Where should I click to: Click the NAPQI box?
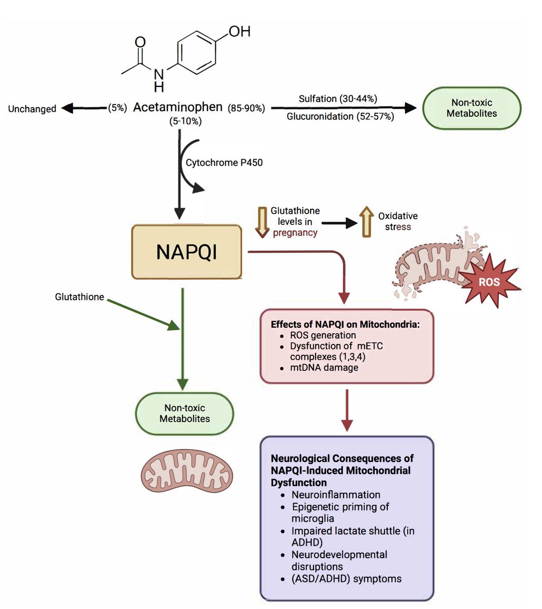point(186,252)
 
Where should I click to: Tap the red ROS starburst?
point(489,282)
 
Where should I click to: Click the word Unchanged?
point(32,109)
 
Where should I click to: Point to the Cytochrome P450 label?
point(224,163)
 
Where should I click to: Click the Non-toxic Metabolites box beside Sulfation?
point(471,108)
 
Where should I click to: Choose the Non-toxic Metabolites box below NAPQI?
point(184,413)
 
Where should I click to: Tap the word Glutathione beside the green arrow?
point(79,297)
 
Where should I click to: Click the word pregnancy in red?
point(295,233)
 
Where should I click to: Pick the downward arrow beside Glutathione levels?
point(262,222)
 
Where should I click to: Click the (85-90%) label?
point(246,108)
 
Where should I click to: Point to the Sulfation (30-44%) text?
point(337,98)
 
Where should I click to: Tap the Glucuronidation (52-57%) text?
point(340,117)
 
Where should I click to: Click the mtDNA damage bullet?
point(324,367)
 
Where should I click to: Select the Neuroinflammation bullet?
point(335,495)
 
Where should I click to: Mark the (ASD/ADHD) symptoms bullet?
point(346,579)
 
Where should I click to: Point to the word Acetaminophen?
point(178,108)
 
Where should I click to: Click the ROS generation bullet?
point(323,335)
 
